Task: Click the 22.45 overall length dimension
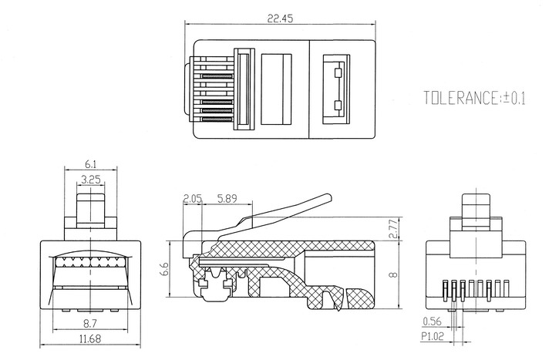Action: click(280, 19)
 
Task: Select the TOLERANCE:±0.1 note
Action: click(474, 98)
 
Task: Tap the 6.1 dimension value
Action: click(90, 164)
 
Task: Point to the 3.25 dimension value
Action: click(90, 180)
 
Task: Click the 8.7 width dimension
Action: click(90, 324)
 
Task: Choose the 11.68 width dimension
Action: click(90, 339)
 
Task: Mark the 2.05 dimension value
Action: click(193, 199)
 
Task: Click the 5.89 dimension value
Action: click(227, 199)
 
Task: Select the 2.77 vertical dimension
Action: click(392, 229)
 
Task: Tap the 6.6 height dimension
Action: click(164, 269)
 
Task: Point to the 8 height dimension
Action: click(393, 274)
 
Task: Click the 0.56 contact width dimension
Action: click(432, 321)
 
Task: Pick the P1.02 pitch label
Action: click(433, 336)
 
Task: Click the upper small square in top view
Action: click(338, 72)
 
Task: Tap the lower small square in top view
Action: click(338, 106)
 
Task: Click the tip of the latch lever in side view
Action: click(331, 197)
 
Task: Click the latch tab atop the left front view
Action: click(90, 210)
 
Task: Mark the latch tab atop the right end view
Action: click(476, 211)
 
